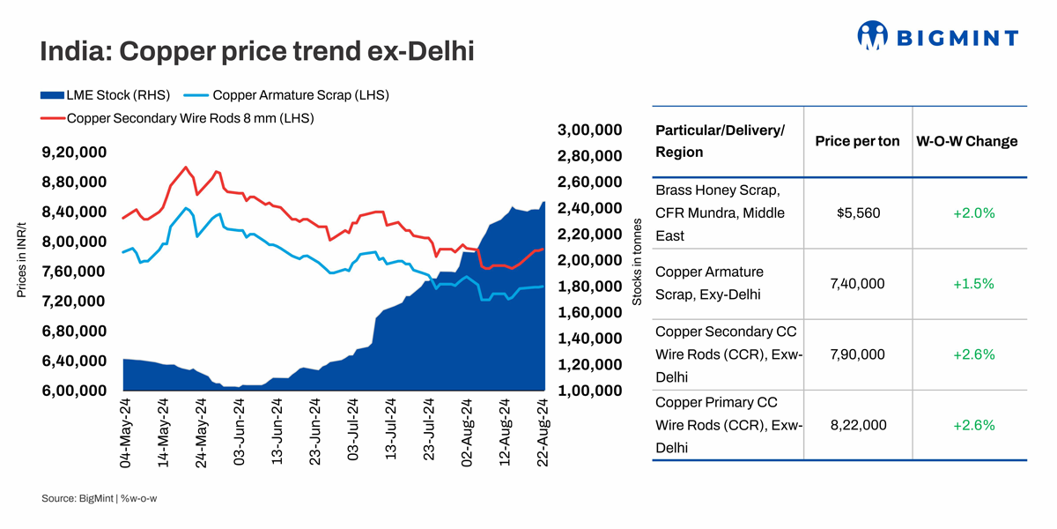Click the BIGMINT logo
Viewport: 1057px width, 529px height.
pyautogui.click(x=937, y=36)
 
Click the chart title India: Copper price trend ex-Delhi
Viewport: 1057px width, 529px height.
pyautogui.click(x=257, y=50)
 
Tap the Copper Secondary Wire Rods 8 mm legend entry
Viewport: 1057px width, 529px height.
pyautogui.click(x=190, y=117)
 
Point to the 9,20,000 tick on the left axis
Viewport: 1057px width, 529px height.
pyautogui.click(x=75, y=153)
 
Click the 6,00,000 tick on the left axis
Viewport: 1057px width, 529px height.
pyautogui.click(x=75, y=391)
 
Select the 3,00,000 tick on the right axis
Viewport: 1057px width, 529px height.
pyautogui.click(x=590, y=130)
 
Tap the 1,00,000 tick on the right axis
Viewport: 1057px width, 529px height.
pyautogui.click(x=590, y=391)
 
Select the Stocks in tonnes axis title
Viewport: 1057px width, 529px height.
pyautogui.click(x=637, y=261)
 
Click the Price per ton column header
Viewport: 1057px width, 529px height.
pyautogui.click(x=857, y=141)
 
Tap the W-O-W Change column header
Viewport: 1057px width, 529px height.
pyautogui.click(x=967, y=141)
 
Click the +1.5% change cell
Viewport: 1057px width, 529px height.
pyautogui.click(x=973, y=284)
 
